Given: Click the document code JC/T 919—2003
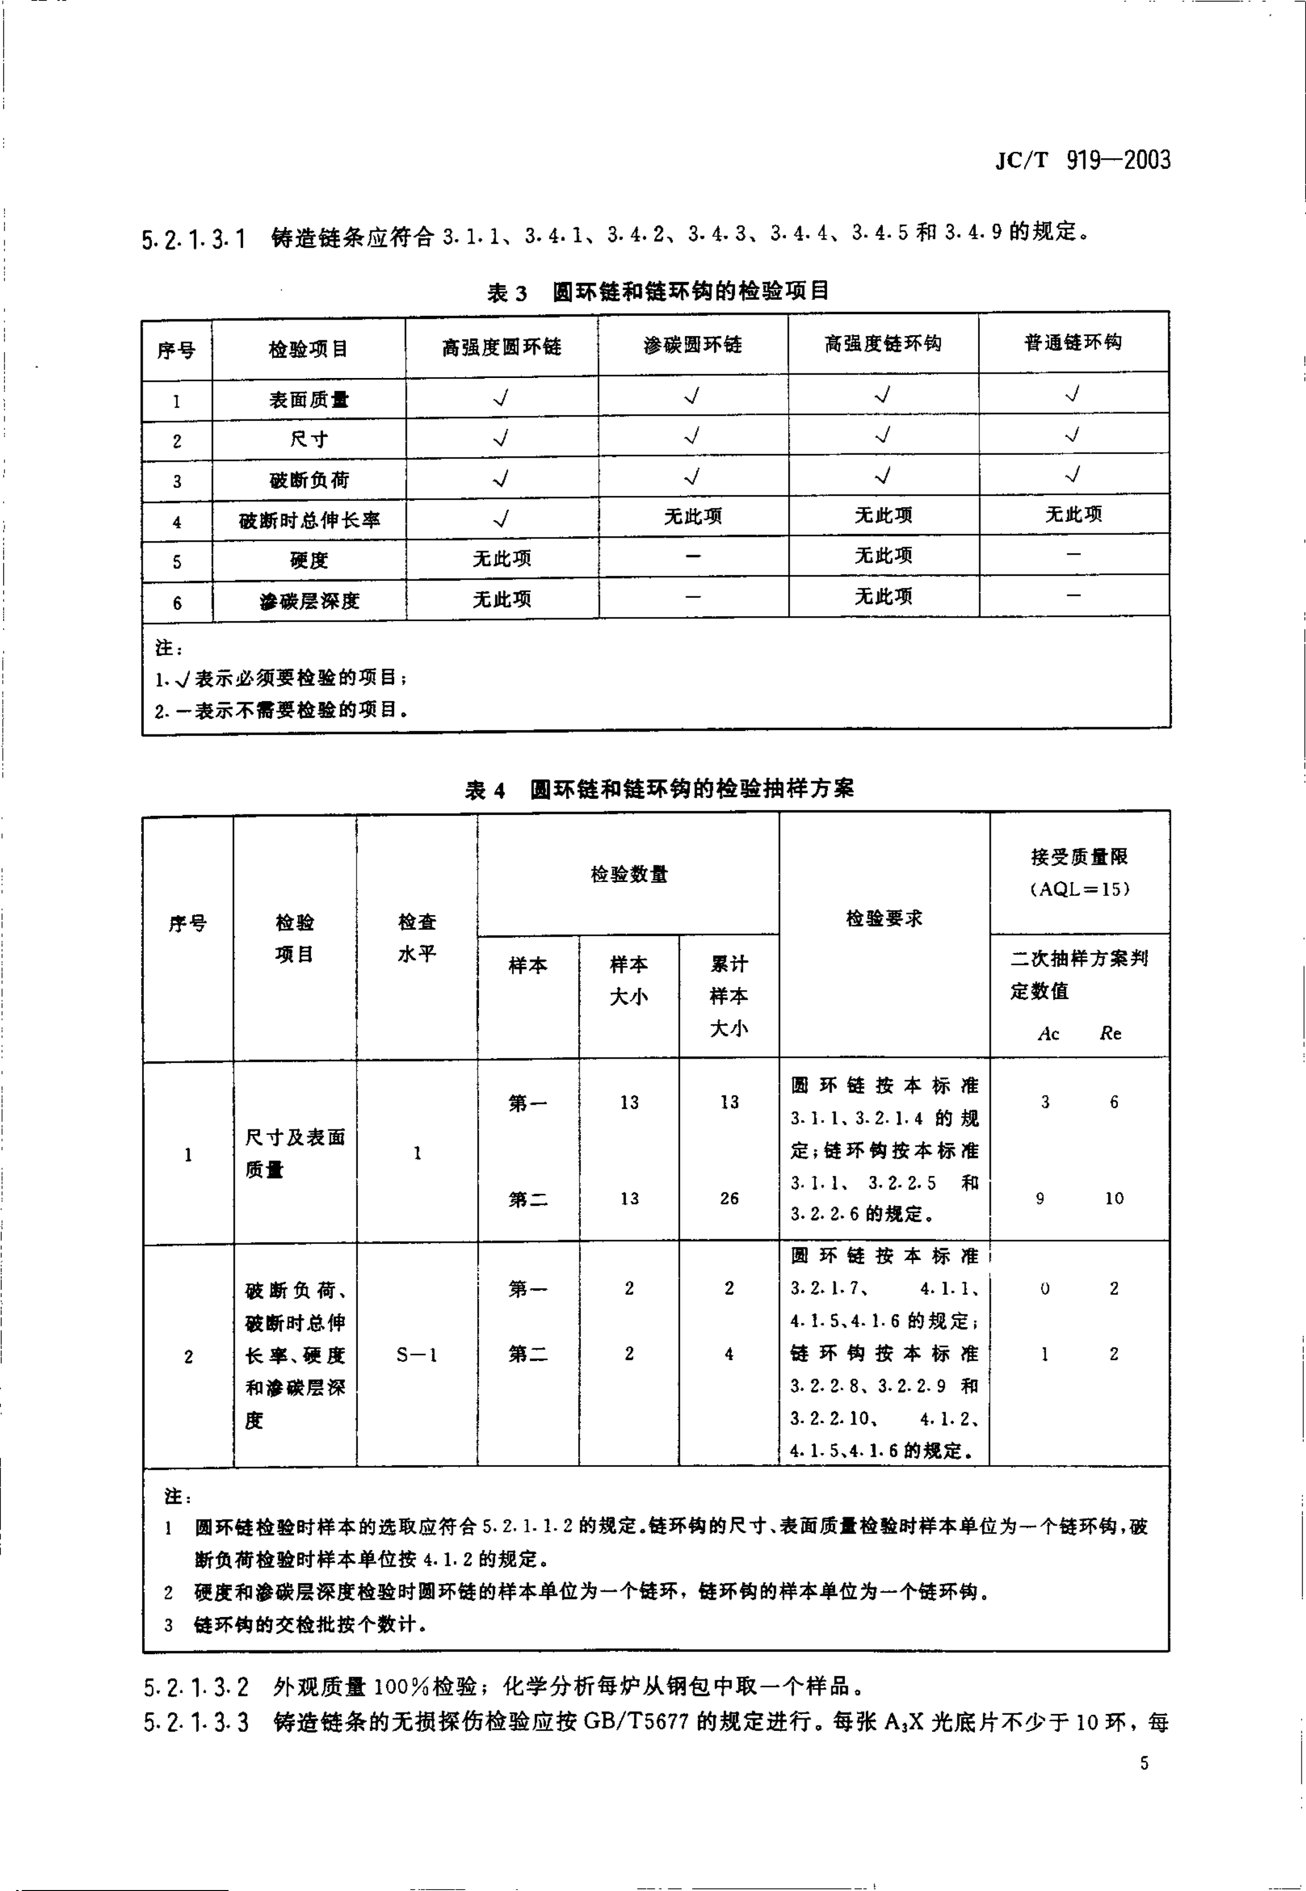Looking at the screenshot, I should click(x=1083, y=159).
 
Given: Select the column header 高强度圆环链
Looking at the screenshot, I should click(x=502, y=347).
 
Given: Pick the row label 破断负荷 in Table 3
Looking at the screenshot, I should click(x=309, y=480).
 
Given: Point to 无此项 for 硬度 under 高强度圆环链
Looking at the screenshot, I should click(x=502, y=559).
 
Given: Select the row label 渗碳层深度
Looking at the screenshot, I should click(x=309, y=601).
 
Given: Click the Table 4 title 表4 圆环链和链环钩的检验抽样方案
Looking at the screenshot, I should click(x=659, y=789).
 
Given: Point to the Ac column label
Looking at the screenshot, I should click(x=1048, y=1034).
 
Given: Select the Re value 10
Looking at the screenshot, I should click(x=1114, y=1199).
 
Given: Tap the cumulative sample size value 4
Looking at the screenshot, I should click(x=728, y=1354).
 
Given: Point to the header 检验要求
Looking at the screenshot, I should click(x=884, y=919).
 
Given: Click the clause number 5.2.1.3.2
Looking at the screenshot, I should click(x=196, y=1687).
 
